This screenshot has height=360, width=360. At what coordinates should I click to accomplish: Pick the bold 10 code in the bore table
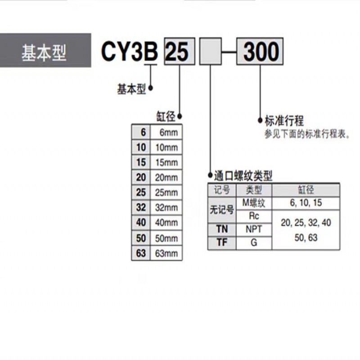point(141,147)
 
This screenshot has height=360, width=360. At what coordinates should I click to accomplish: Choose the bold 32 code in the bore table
point(141,207)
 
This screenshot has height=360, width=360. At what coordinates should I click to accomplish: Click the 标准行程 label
point(284,121)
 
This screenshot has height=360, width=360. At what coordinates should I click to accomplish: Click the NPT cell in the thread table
point(254,229)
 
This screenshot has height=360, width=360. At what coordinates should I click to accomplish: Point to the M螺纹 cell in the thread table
point(254,203)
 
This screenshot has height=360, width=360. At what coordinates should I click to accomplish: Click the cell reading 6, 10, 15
point(306,203)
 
